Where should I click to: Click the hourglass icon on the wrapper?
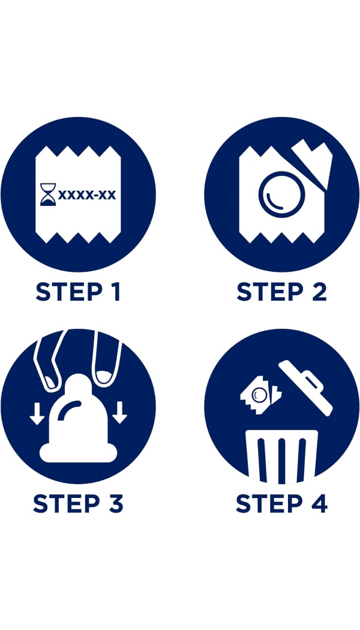[48, 195]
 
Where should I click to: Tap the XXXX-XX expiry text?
[87, 195]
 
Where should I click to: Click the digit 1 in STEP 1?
[115, 292]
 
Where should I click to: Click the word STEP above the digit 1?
[68, 292]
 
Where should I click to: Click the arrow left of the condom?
[37, 414]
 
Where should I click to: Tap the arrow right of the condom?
[119, 413]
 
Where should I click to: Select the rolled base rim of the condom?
[79, 454]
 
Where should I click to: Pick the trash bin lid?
[306, 388]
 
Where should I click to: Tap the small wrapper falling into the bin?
[260, 395]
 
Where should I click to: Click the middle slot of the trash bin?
[281, 461]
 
